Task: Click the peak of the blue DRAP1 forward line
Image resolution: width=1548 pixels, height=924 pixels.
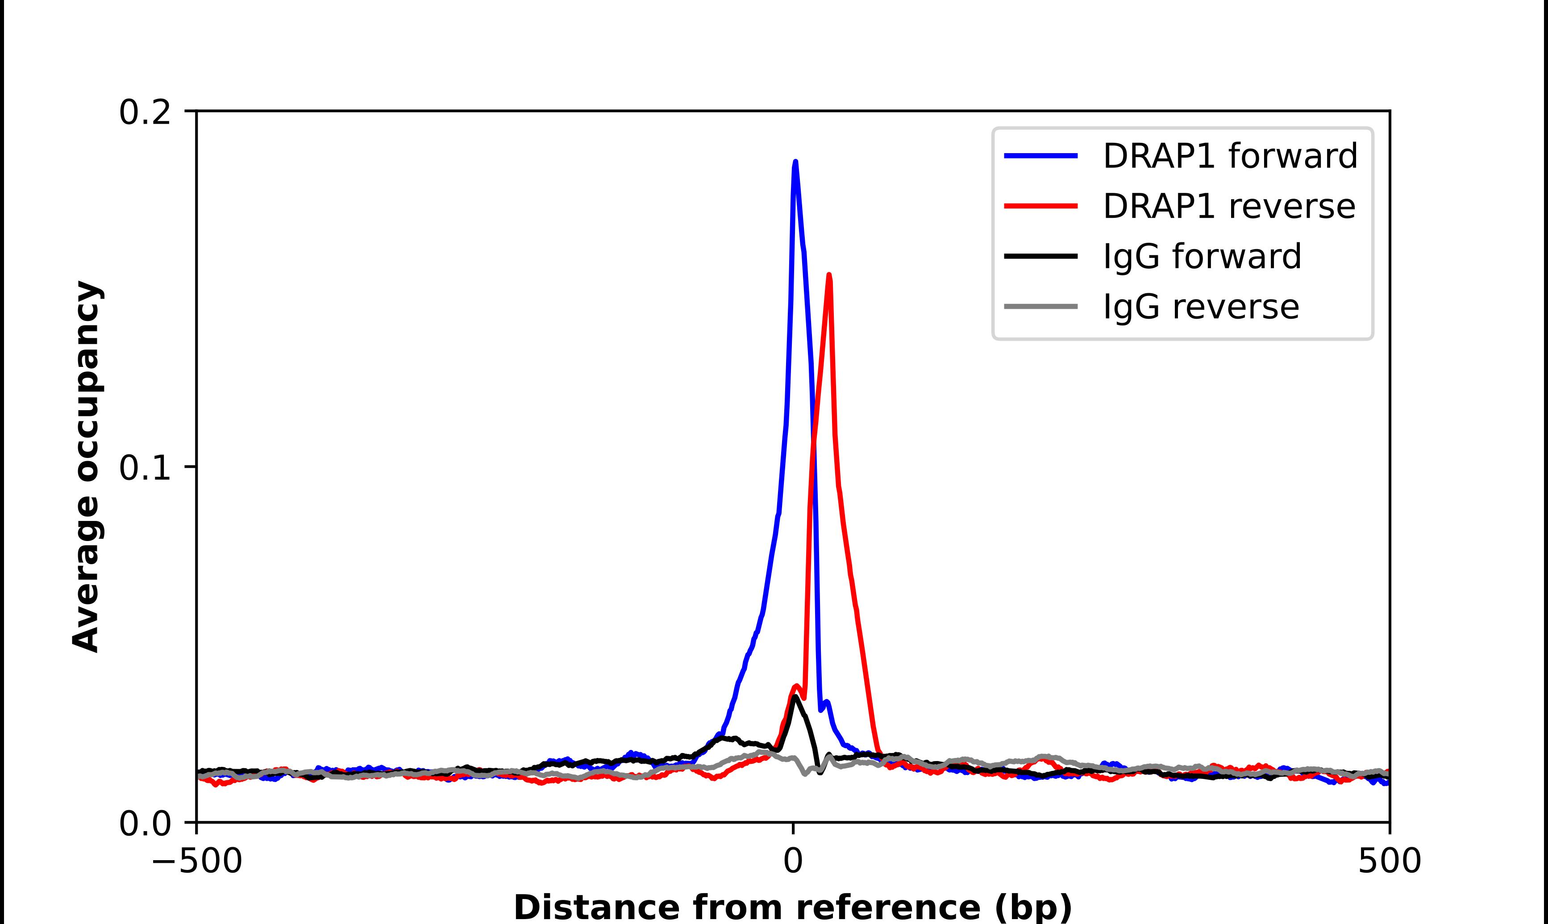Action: [795, 162]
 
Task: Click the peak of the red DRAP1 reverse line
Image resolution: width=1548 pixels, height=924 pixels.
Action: [829, 275]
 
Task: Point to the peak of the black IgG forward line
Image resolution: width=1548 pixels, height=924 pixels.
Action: [794, 697]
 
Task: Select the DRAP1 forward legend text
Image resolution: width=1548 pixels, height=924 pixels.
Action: [1230, 156]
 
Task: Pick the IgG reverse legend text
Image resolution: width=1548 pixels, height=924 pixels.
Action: [1201, 307]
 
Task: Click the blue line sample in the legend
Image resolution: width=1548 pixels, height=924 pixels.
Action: [1041, 156]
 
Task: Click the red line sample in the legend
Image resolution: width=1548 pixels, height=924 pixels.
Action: [1041, 206]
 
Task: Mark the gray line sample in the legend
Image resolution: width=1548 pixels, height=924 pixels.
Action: [1041, 306]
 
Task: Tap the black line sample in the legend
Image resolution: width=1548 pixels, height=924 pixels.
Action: [1041, 256]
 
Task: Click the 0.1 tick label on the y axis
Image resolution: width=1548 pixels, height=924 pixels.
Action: [145, 468]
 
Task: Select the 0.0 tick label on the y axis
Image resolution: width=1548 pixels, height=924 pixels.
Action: [145, 824]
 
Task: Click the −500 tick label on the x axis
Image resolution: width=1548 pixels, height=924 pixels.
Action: [197, 862]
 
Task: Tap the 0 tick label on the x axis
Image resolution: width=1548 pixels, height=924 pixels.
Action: [793, 862]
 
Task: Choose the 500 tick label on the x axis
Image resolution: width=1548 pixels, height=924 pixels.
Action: [1389, 862]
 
